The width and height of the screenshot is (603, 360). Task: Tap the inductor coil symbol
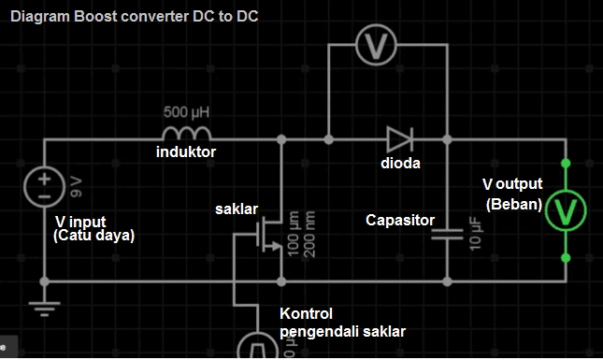click(x=187, y=135)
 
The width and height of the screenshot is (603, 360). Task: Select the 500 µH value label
click(x=187, y=112)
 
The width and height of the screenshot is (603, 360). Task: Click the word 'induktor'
click(x=186, y=151)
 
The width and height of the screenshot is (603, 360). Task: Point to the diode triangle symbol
click(x=399, y=139)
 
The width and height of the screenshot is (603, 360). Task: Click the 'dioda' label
click(x=400, y=164)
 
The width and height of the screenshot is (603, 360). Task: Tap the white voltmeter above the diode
click(x=387, y=43)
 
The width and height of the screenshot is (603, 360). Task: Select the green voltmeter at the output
click(x=565, y=210)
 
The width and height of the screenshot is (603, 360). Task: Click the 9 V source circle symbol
click(x=44, y=188)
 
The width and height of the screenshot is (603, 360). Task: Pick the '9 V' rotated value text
click(x=76, y=187)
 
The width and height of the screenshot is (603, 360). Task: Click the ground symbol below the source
click(x=44, y=308)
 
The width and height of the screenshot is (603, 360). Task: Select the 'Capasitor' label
click(x=400, y=221)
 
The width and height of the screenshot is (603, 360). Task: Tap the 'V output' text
click(x=512, y=183)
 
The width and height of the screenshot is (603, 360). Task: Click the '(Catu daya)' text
click(x=94, y=237)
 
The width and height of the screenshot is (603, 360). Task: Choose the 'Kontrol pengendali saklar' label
click(x=342, y=322)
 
